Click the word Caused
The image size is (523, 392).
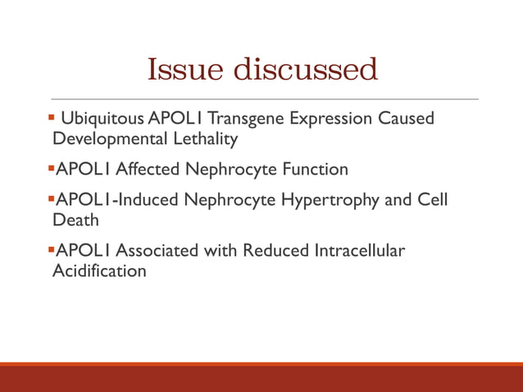(x=406, y=119)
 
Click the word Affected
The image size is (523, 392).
(x=149, y=169)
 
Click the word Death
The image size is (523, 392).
(x=75, y=219)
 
